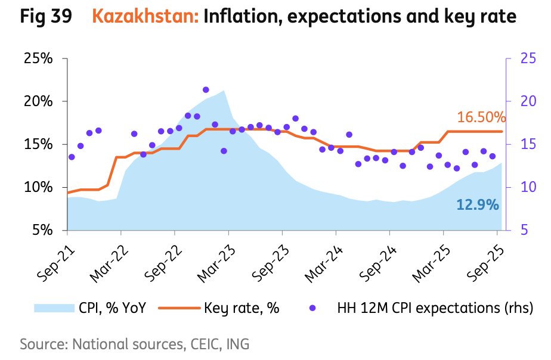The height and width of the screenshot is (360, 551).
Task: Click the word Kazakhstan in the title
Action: [x=146, y=17]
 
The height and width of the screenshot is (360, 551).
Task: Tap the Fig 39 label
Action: [x=46, y=17]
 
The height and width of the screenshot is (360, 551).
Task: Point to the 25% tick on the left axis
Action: [x=38, y=58]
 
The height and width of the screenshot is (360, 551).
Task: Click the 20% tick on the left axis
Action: [x=38, y=101]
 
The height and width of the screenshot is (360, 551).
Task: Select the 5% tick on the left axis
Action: [x=42, y=230]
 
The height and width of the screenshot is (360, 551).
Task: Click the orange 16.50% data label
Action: [x=481, y=117]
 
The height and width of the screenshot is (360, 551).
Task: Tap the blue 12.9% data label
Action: [x=477, y=205]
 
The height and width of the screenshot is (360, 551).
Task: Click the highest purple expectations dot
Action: [x=206, y=90]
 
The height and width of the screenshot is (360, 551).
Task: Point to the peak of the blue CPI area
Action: [x=224, y=91]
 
